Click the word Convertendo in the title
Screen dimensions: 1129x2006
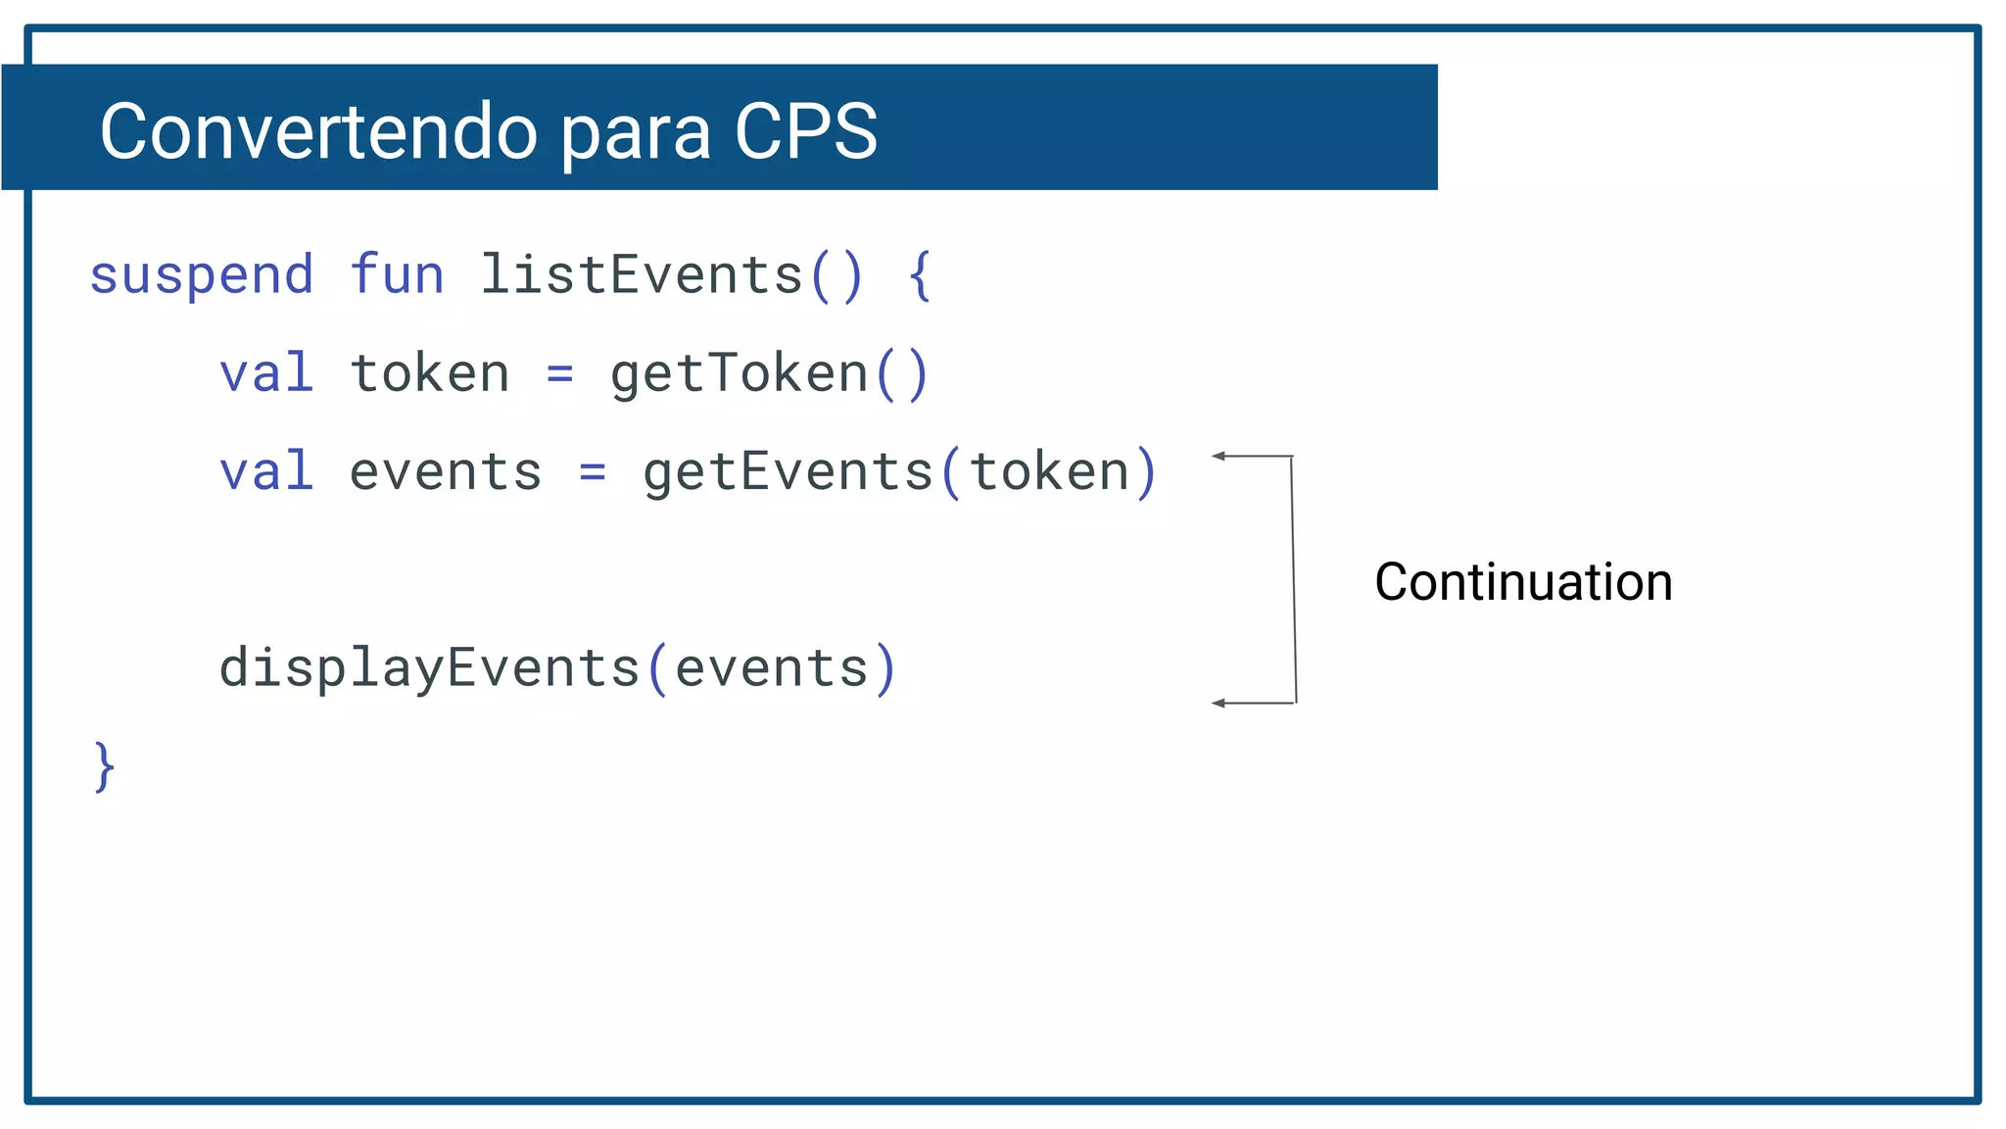[318, 131]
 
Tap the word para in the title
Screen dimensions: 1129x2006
[636, 133]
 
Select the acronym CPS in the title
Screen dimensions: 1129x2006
[805, 131]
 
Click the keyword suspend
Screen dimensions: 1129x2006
[202, 275]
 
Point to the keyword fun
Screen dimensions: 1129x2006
[397, 274]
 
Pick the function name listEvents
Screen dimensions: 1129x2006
[641, 274]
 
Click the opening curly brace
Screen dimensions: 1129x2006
[919, 275]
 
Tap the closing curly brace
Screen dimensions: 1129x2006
[104, 766]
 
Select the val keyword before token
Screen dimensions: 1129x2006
[266, 373]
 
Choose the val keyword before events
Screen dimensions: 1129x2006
[266, 471]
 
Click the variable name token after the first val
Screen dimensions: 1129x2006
[430, 373]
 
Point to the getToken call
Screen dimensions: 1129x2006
[740, 373]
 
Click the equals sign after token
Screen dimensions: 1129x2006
[559, 374]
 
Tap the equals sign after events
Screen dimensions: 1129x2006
[592, 472]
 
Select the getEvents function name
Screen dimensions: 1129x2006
[788, 471]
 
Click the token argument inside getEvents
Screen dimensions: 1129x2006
[1049, 471]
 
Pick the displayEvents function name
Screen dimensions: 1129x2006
[429, 668]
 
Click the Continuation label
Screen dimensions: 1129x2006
[1523, 582]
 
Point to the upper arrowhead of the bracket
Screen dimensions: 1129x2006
[1218, 456]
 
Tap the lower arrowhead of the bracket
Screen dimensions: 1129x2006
[1218, 703]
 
